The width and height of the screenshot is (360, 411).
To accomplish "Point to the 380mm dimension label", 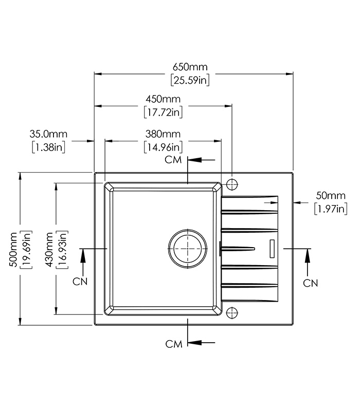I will click(x=163, y=134).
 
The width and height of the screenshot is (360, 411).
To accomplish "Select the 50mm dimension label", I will click(x=330, y=195).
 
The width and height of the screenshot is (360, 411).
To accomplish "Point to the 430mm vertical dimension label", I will click(x=49, y=249).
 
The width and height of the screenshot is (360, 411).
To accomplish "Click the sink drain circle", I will click(x=187, y=248).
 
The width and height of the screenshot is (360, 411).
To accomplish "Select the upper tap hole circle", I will click(x=232, y=183).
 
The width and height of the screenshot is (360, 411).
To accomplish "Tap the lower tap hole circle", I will click(x=232, y=311).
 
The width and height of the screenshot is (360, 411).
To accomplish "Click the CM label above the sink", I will click(x=174, y=160).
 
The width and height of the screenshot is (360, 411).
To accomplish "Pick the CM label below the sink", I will click(x=174, y=344).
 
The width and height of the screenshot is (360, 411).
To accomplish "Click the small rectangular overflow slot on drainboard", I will click(x=272, y=248).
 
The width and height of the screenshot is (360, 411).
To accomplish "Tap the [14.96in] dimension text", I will click(x=163, y=147).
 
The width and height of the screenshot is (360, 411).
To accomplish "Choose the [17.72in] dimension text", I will click(x=163, y=111).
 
